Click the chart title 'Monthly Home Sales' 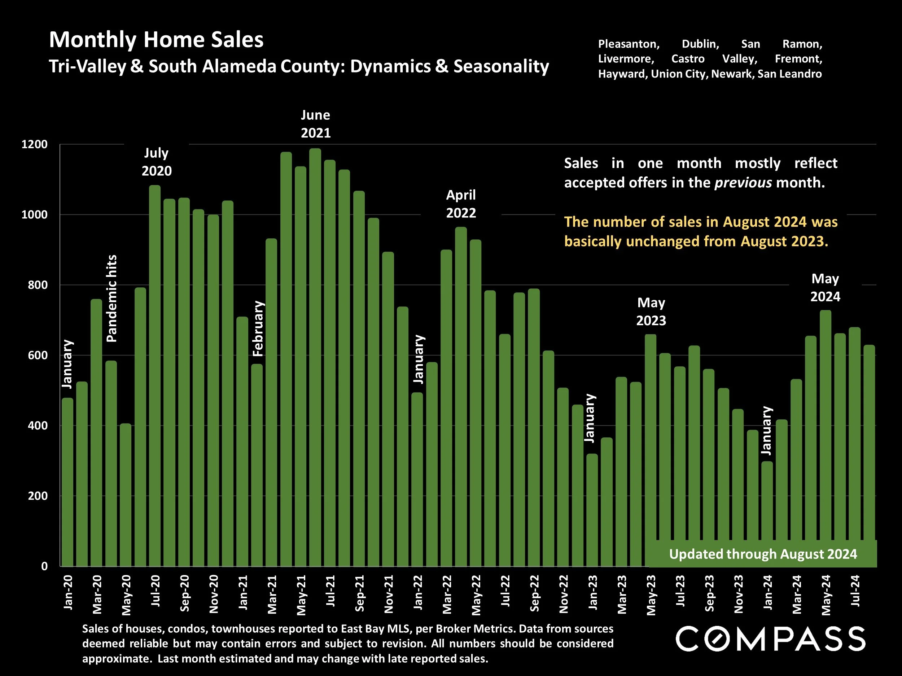pos(156,40)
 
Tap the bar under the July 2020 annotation pos(154,375)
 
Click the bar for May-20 pos(126,495)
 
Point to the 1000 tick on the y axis pos(34,215)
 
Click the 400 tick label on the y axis pos(38,426)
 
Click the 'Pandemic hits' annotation pos(111,298)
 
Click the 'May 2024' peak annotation pos(825,288)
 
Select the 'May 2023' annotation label pos(651,312)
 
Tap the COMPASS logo pos(770,639)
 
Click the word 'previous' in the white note pos(743,182)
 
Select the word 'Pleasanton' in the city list pos(629,44)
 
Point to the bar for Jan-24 pos(767,513)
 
